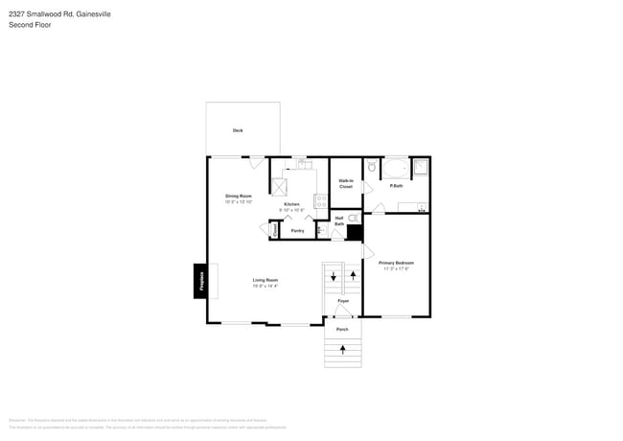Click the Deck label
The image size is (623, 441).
(x=238, y=130)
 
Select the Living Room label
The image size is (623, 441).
(x=265, y=279)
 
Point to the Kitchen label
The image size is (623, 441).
(x=291, y=204)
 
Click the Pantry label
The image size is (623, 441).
(x=297, y=230)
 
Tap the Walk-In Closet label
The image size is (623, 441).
(x=346, y=184)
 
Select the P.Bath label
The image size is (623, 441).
(x=396, y=185)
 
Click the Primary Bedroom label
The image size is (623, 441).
(x=396, y=262)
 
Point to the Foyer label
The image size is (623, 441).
(x=343, y=301)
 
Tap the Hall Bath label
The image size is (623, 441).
(x=339, y=220)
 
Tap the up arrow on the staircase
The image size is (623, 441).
(x=354, y=276)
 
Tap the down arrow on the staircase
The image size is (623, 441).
(x=333, y=276)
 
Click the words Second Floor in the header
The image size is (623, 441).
(x=30, y=25)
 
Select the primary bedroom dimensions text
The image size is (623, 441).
(x=396, y=268)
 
